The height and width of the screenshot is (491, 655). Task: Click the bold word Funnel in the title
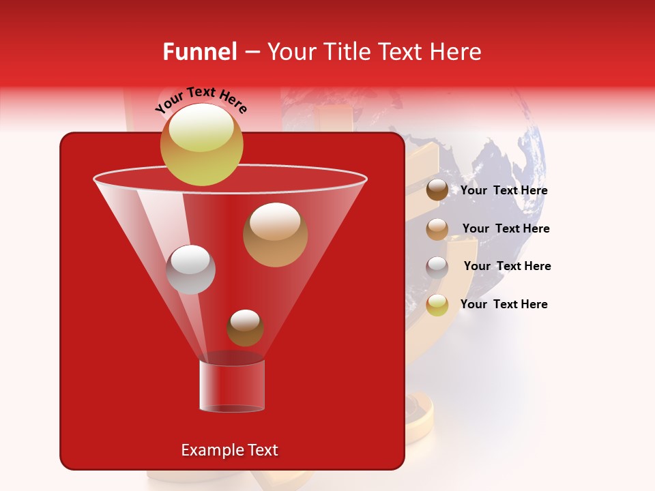click(x=199, y=52)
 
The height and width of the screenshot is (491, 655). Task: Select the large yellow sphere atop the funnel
click(x=202, y=144)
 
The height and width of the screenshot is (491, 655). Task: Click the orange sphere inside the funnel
click(x=275, y=235)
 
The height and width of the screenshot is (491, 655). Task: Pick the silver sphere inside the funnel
click(x=190, y=269)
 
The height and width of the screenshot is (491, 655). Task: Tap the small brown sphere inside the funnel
click(x=245, y=327)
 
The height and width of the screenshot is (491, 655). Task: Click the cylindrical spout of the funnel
click(x=232, y=385)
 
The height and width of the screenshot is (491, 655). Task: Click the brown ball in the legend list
click(x=437, y=190)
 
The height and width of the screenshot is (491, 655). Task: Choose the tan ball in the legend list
click(x=437, y=229)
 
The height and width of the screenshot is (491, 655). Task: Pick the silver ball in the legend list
click(x=437, y=267)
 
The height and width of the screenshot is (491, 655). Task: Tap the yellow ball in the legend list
click(x=437, y=305)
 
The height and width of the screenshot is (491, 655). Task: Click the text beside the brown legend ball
click(x=504, y=191)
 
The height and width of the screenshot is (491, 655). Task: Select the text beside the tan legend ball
click(x=506, y=229)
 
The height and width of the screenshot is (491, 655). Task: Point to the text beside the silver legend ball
click(x=507, y=267)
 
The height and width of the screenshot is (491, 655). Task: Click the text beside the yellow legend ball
click(x=504, y=305)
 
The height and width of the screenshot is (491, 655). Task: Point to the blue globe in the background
click(x=498, y=170)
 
